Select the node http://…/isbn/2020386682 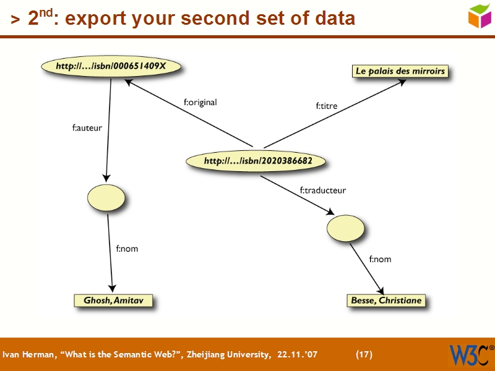click(x=258, y=161)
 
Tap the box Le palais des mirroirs click(x=400, y=71)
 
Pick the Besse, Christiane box click(x=386, y=301)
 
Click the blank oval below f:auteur click(x=106, y=197)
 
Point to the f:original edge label click(x=200, y=102)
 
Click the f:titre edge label click(x=327, y=106)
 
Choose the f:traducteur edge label click(x=323, y=190)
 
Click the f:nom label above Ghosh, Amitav click(x=127, y=249)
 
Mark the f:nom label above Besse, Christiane click(x=380, y=259)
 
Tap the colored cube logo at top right click(x=479, y=15)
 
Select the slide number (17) click(x=364, y=355)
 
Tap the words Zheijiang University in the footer click(x=225, y=355)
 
